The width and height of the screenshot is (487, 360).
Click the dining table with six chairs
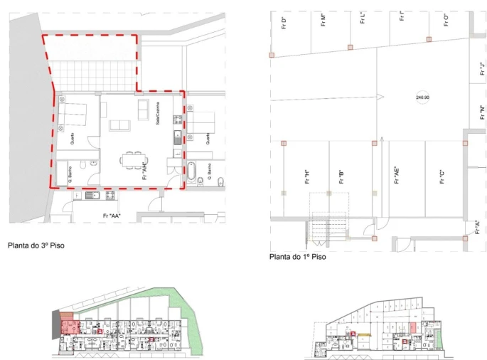[132, 161]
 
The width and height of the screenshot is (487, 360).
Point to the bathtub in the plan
[191, 171]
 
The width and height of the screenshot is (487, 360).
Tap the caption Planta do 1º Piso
[298, 257]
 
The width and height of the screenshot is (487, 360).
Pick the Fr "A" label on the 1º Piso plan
[477, 228]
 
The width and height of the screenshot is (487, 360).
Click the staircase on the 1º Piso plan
[328, 224]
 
